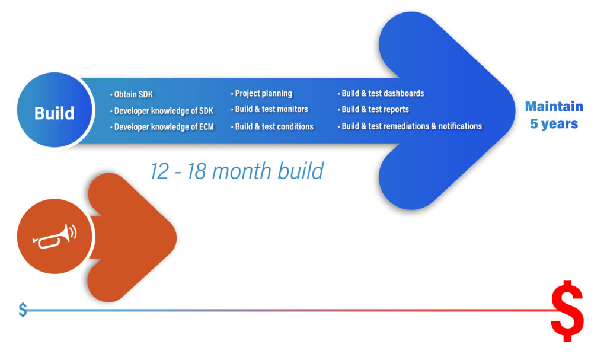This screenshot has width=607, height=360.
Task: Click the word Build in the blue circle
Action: [x=54, y=113]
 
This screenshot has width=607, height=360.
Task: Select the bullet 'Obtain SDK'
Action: [x=132, y=94]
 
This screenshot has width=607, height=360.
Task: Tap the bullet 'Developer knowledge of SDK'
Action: [x=162, y=111]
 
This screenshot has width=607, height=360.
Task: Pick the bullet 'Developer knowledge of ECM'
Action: [x=162, y=127]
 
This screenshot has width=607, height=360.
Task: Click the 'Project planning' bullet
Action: [x=261, y=93]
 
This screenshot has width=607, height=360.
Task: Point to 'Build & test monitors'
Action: [x=270, y=109]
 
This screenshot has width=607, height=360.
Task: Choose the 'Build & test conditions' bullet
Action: [x=272, y=126]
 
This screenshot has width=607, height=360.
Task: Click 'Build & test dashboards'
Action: [x=381, y=93]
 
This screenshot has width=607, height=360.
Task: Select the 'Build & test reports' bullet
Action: [x=373, y=109]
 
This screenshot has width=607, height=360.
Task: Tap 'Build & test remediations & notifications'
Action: [x=410, y=126]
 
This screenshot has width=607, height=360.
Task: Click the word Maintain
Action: [x=554, y=106]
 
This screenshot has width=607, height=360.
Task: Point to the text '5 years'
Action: [x=554, y=123]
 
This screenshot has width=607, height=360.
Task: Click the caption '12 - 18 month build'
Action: [x=237, y=171]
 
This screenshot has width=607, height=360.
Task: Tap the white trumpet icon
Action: [x=55, y=236]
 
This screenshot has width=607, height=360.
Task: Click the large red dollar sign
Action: [x=567, y=311]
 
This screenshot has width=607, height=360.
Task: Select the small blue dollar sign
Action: [x=23, y=310]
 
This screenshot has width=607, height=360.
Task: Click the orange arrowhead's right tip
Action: [x=177, y=238]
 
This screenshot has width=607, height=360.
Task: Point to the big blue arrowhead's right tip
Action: [x=515, y=110]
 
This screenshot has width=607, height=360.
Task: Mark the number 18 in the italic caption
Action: [x=197, y=171]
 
